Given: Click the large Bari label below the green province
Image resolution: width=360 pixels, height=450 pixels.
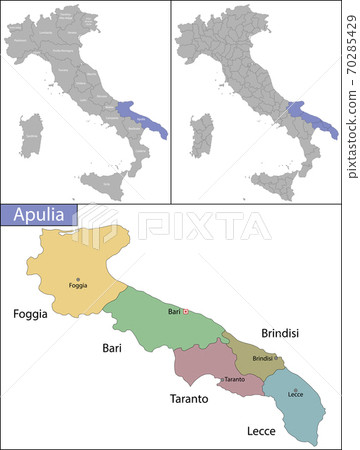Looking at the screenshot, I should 112,348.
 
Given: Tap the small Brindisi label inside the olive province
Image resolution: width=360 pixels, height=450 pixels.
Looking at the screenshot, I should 262,358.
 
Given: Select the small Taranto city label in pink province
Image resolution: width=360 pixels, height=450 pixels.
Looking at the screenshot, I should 234,380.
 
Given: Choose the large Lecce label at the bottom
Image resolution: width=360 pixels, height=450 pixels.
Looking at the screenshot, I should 261,432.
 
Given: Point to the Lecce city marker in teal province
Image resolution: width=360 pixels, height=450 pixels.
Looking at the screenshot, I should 295,390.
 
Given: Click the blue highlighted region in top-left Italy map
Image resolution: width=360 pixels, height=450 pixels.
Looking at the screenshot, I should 140,117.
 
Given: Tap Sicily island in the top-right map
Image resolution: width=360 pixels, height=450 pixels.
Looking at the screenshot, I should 274,184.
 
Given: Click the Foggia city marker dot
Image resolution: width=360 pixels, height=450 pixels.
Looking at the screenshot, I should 78,279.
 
